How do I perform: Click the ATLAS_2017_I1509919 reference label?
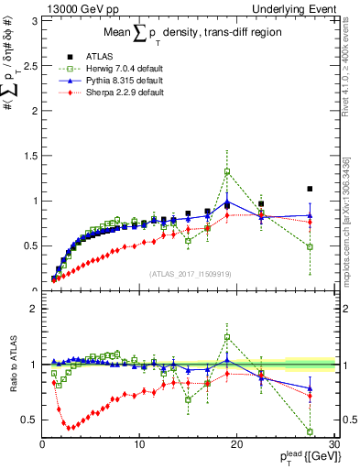click(x=191, y=273)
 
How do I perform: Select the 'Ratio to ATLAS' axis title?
click(x=12, y=366)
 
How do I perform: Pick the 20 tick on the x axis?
click(x=236, y=446)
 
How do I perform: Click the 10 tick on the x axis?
click(x=139, y=446)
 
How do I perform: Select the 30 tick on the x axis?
click(x=333, y=446)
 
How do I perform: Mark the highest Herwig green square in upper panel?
click(x=227, y=171)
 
